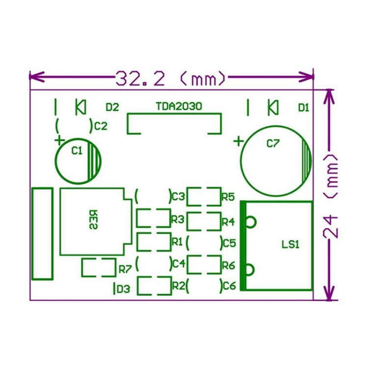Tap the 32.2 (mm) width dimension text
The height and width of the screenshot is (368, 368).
pos(171,78)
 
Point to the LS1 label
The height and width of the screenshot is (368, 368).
pos(290,244)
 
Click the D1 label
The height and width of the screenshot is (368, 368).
pos(303,107)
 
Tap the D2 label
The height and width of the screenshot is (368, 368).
pos(112,106)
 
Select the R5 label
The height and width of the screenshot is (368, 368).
pos(228,197)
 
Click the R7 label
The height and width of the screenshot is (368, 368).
pos(125,269)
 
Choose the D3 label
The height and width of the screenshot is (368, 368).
pos(123,289)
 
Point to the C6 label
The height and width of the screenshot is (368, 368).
pos(229,285)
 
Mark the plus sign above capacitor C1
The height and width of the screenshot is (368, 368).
pos(59,140)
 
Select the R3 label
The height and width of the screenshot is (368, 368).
pos(177,218)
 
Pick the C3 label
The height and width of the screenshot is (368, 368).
pos(178,197)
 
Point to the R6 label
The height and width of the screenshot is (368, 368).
pos(228,265)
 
